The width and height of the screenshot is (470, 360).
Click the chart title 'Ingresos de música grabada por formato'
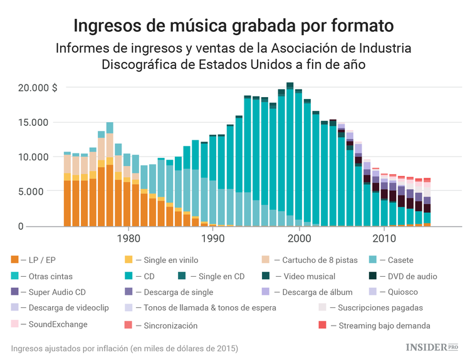pos(234,26)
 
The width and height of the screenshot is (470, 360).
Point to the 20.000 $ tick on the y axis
pos(37,88)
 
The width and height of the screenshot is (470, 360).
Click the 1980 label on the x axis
pos(128,239)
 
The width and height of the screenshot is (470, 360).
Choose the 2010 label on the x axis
pos(384,239)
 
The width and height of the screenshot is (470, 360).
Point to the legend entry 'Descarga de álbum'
pos(315,292)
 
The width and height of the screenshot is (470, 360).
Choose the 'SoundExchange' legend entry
pos(54,324)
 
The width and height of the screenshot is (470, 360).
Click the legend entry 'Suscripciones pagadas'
pos(380,307)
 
